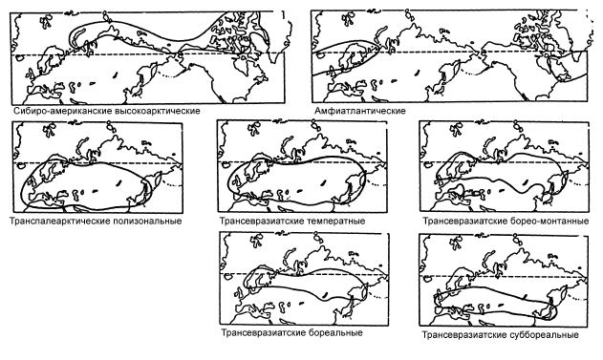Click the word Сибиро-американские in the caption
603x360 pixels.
click(x=63, y=111)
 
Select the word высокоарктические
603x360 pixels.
click(x=158, y=111)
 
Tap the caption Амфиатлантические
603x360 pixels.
click(x=360, y=111)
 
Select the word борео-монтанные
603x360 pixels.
click(x=549, y=222)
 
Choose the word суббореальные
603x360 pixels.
click(x=545, y=335)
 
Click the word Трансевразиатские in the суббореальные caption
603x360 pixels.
click(x=464, y=335)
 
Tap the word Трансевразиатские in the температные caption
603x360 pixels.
click(x=263, y=222)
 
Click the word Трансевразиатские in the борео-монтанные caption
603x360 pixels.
click(x=465, y=222)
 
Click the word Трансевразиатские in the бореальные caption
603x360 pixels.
click(x=264, y=332)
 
